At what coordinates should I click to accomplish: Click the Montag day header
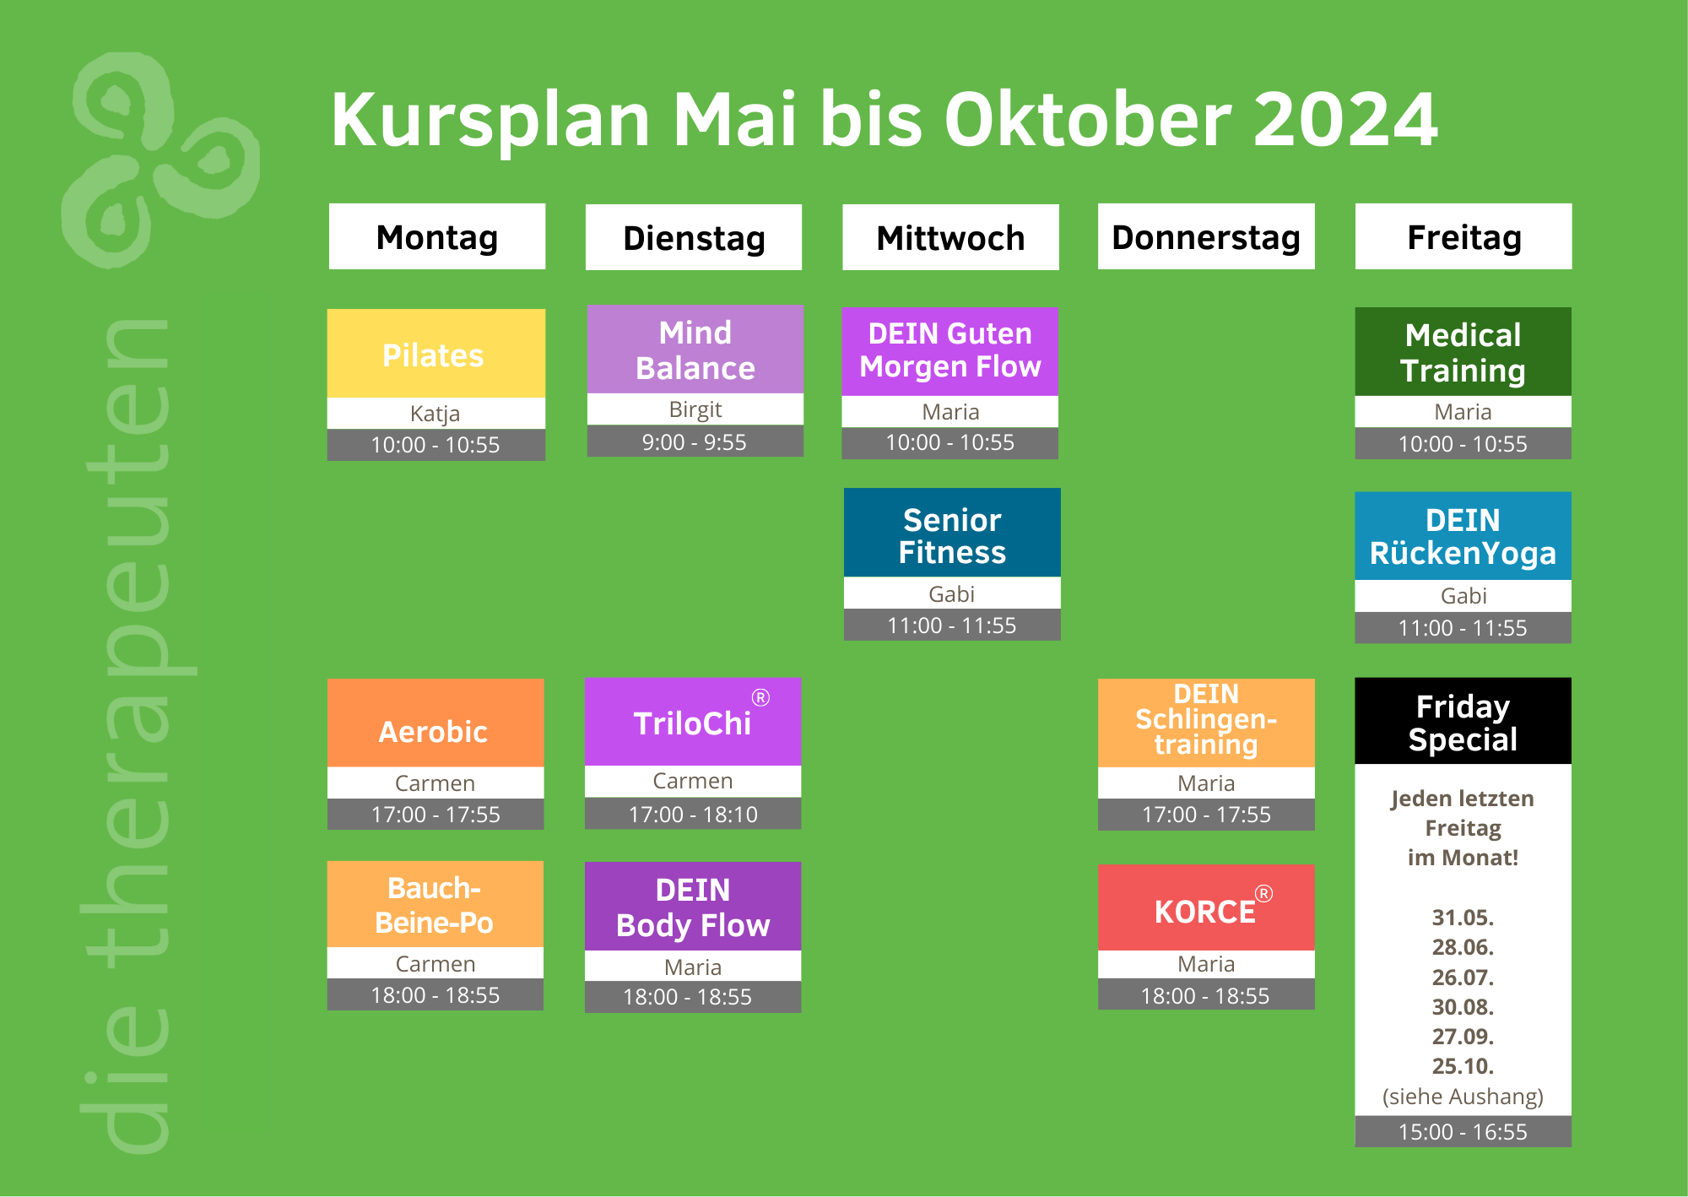click(437, 236)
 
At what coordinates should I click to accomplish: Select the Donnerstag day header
click(1206, 236)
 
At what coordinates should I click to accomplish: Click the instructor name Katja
click(436, 413)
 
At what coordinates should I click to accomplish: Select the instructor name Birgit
click(695, 409)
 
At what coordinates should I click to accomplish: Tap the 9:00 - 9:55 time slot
click(695, 441)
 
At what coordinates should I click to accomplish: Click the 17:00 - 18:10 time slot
click(693, 814)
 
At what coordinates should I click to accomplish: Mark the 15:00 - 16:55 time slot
click(1463, 1131)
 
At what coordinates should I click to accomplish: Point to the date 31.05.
click(1463, 917)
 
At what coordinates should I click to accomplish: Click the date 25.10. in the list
click(1463, 1065)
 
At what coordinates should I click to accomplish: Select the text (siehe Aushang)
click(1463, 1096)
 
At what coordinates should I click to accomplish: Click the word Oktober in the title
click(1087, 119)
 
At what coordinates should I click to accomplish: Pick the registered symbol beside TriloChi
click(760, 697)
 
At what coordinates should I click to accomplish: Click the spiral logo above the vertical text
click(160, 160)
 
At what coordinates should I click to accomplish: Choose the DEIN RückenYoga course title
click(1463, 536)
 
